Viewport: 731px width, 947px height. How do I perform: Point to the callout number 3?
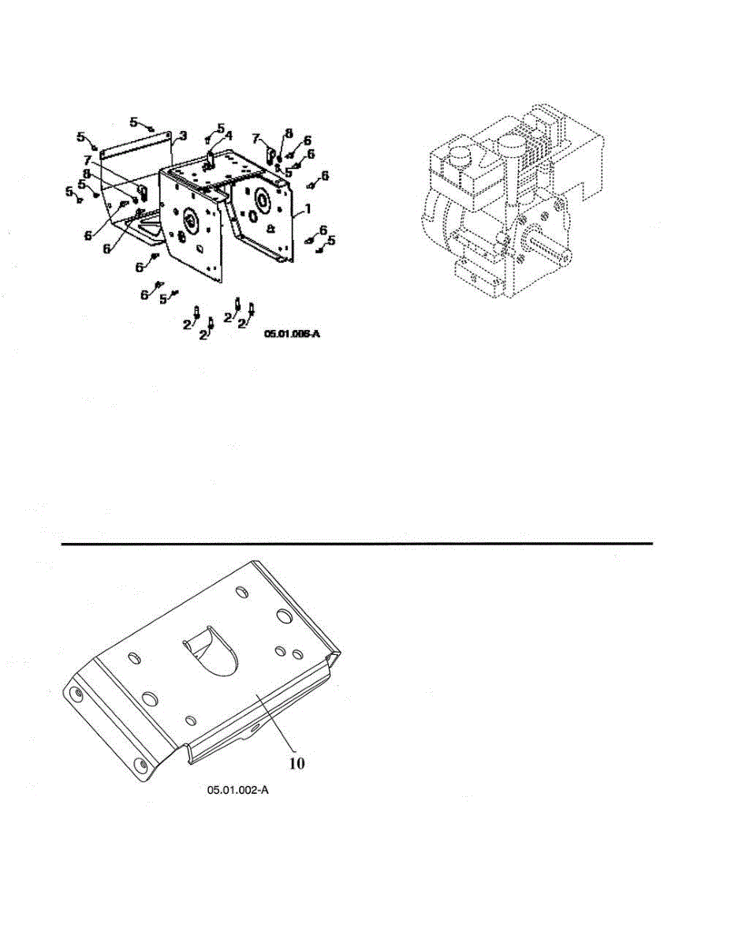pos(182,137)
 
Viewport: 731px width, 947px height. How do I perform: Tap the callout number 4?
pos(229,136)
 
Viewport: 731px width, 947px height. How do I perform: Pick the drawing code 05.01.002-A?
pos(238,790)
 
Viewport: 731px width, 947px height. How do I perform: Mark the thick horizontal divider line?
pos(357,543)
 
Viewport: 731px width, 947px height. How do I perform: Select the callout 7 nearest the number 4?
pos(255,139)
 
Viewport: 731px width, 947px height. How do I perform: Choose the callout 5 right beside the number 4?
pos(220,127)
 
